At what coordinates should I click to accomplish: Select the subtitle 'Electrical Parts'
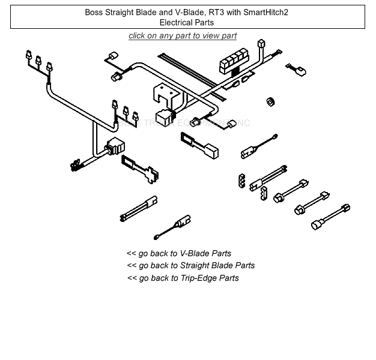pos(187,22)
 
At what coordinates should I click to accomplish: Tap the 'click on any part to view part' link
pos(183,36)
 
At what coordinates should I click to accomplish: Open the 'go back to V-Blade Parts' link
pos(179,253)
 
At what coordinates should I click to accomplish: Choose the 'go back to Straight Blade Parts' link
pos(190,265)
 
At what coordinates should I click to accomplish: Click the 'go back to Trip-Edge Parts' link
pos(183,278)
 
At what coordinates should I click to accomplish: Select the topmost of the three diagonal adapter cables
pos(292,190)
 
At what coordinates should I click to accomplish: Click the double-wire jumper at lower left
pos(139,207)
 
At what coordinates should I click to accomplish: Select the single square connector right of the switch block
pos(261,45)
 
